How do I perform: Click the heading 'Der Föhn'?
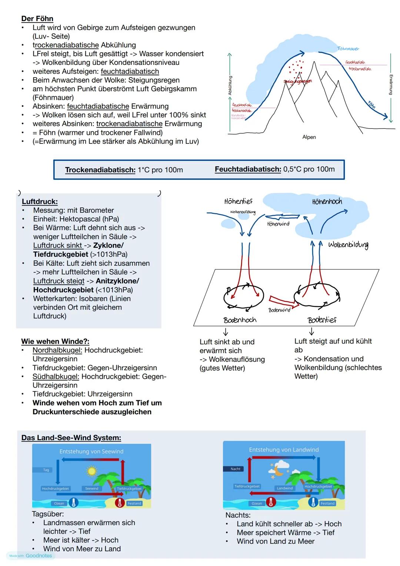37,19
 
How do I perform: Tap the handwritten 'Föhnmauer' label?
348,49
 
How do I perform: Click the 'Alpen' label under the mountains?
309,137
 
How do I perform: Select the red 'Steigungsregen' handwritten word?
298,81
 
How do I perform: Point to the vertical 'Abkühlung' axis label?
230,86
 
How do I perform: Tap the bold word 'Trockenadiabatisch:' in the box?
100,170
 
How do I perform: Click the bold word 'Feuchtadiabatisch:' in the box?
248,169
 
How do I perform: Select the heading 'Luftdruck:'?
40,202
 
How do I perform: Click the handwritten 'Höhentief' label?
238,201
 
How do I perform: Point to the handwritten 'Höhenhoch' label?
327,202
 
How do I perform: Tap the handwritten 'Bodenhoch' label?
240,320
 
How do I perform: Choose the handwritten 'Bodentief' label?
322,320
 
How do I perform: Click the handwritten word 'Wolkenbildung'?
348,245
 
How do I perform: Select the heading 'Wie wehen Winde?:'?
55,341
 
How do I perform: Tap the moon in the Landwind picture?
277,472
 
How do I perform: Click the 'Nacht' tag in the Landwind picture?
236,469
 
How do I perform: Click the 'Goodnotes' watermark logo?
39,556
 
